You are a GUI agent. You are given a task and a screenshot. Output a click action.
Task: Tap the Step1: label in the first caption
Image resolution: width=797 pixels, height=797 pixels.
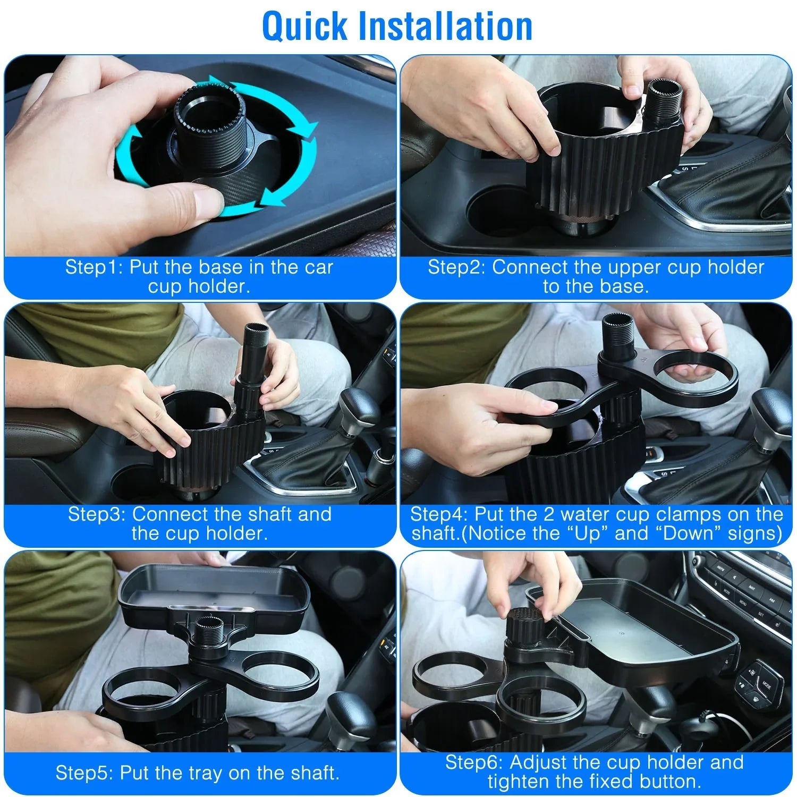tap(94, 267)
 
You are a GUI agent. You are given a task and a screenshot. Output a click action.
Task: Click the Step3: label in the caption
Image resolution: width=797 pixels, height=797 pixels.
tap(97, 514)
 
